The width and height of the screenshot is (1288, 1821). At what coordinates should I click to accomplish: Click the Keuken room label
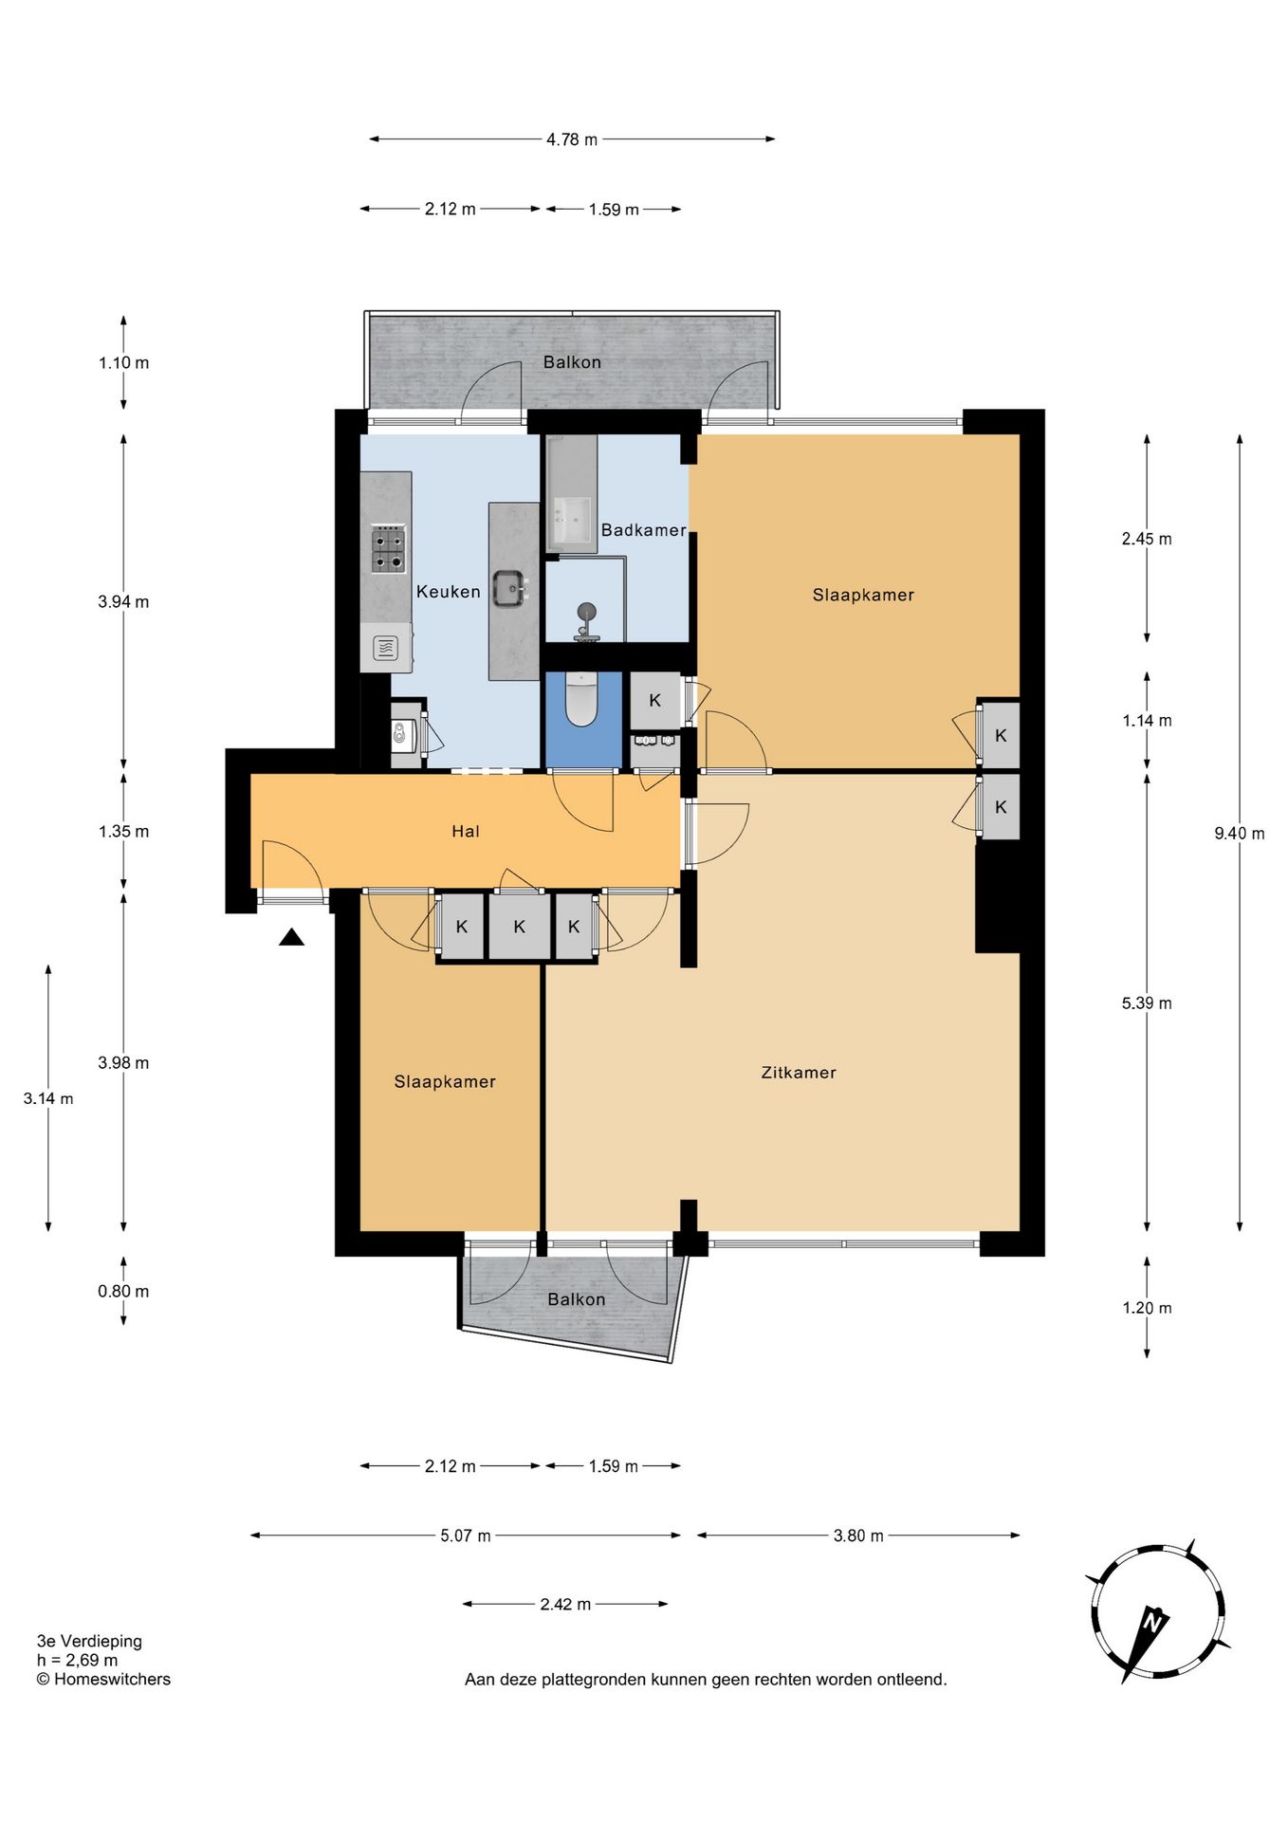pyautogui.click(x=448, y=592)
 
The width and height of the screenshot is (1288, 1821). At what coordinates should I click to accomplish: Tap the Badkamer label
pyautogui.click(x=643, y=530)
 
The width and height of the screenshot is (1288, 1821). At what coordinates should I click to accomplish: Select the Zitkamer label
pyautogui.click(x=799, y=1073)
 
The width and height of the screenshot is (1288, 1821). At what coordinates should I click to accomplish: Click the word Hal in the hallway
pyautogui.click(x=465, y=832)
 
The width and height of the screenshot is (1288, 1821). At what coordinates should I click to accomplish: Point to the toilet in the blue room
pyautogui.click(x=580, y=698)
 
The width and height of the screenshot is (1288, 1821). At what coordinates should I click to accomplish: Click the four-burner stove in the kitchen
pyautogui.click(x=388, y=549)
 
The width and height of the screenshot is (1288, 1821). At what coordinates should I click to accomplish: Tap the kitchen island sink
pyautogui.click(x=510, y=588)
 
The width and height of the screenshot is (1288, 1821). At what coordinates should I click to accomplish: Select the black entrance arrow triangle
pyautogui.click(x=291, y=937)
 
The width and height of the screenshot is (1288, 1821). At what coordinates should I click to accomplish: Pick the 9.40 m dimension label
pyautogui.click(x=1239, y=834)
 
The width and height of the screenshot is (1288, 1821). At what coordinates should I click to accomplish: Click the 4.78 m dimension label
pyautogui.click(x=572, y=139)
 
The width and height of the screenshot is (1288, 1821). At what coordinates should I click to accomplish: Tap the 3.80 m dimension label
pyautogui.click(x=858, y=1536)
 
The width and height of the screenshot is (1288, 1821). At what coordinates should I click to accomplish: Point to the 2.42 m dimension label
pyautogui.click(x=565, y=1604)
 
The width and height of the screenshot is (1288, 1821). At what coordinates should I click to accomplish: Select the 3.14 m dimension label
pyautogui.click(x=48, y=1098)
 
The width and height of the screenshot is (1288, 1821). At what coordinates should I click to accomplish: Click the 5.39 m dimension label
pyautogui.click(x=1147, y=1003)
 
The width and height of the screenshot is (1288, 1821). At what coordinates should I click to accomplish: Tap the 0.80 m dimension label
pyautogui.click(x=123, y=1291)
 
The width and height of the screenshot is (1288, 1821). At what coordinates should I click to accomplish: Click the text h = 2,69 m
pyautogui.click(x=78, y=1660)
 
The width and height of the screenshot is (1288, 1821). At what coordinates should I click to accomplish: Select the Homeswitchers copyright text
pyautogui.click(x=103, y=1679)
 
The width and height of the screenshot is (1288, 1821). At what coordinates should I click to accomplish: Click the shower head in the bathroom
pyautogui.click(x=587, y=610)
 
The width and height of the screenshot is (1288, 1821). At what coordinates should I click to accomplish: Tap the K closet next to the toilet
pyautogui.click(x=654, y=701)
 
